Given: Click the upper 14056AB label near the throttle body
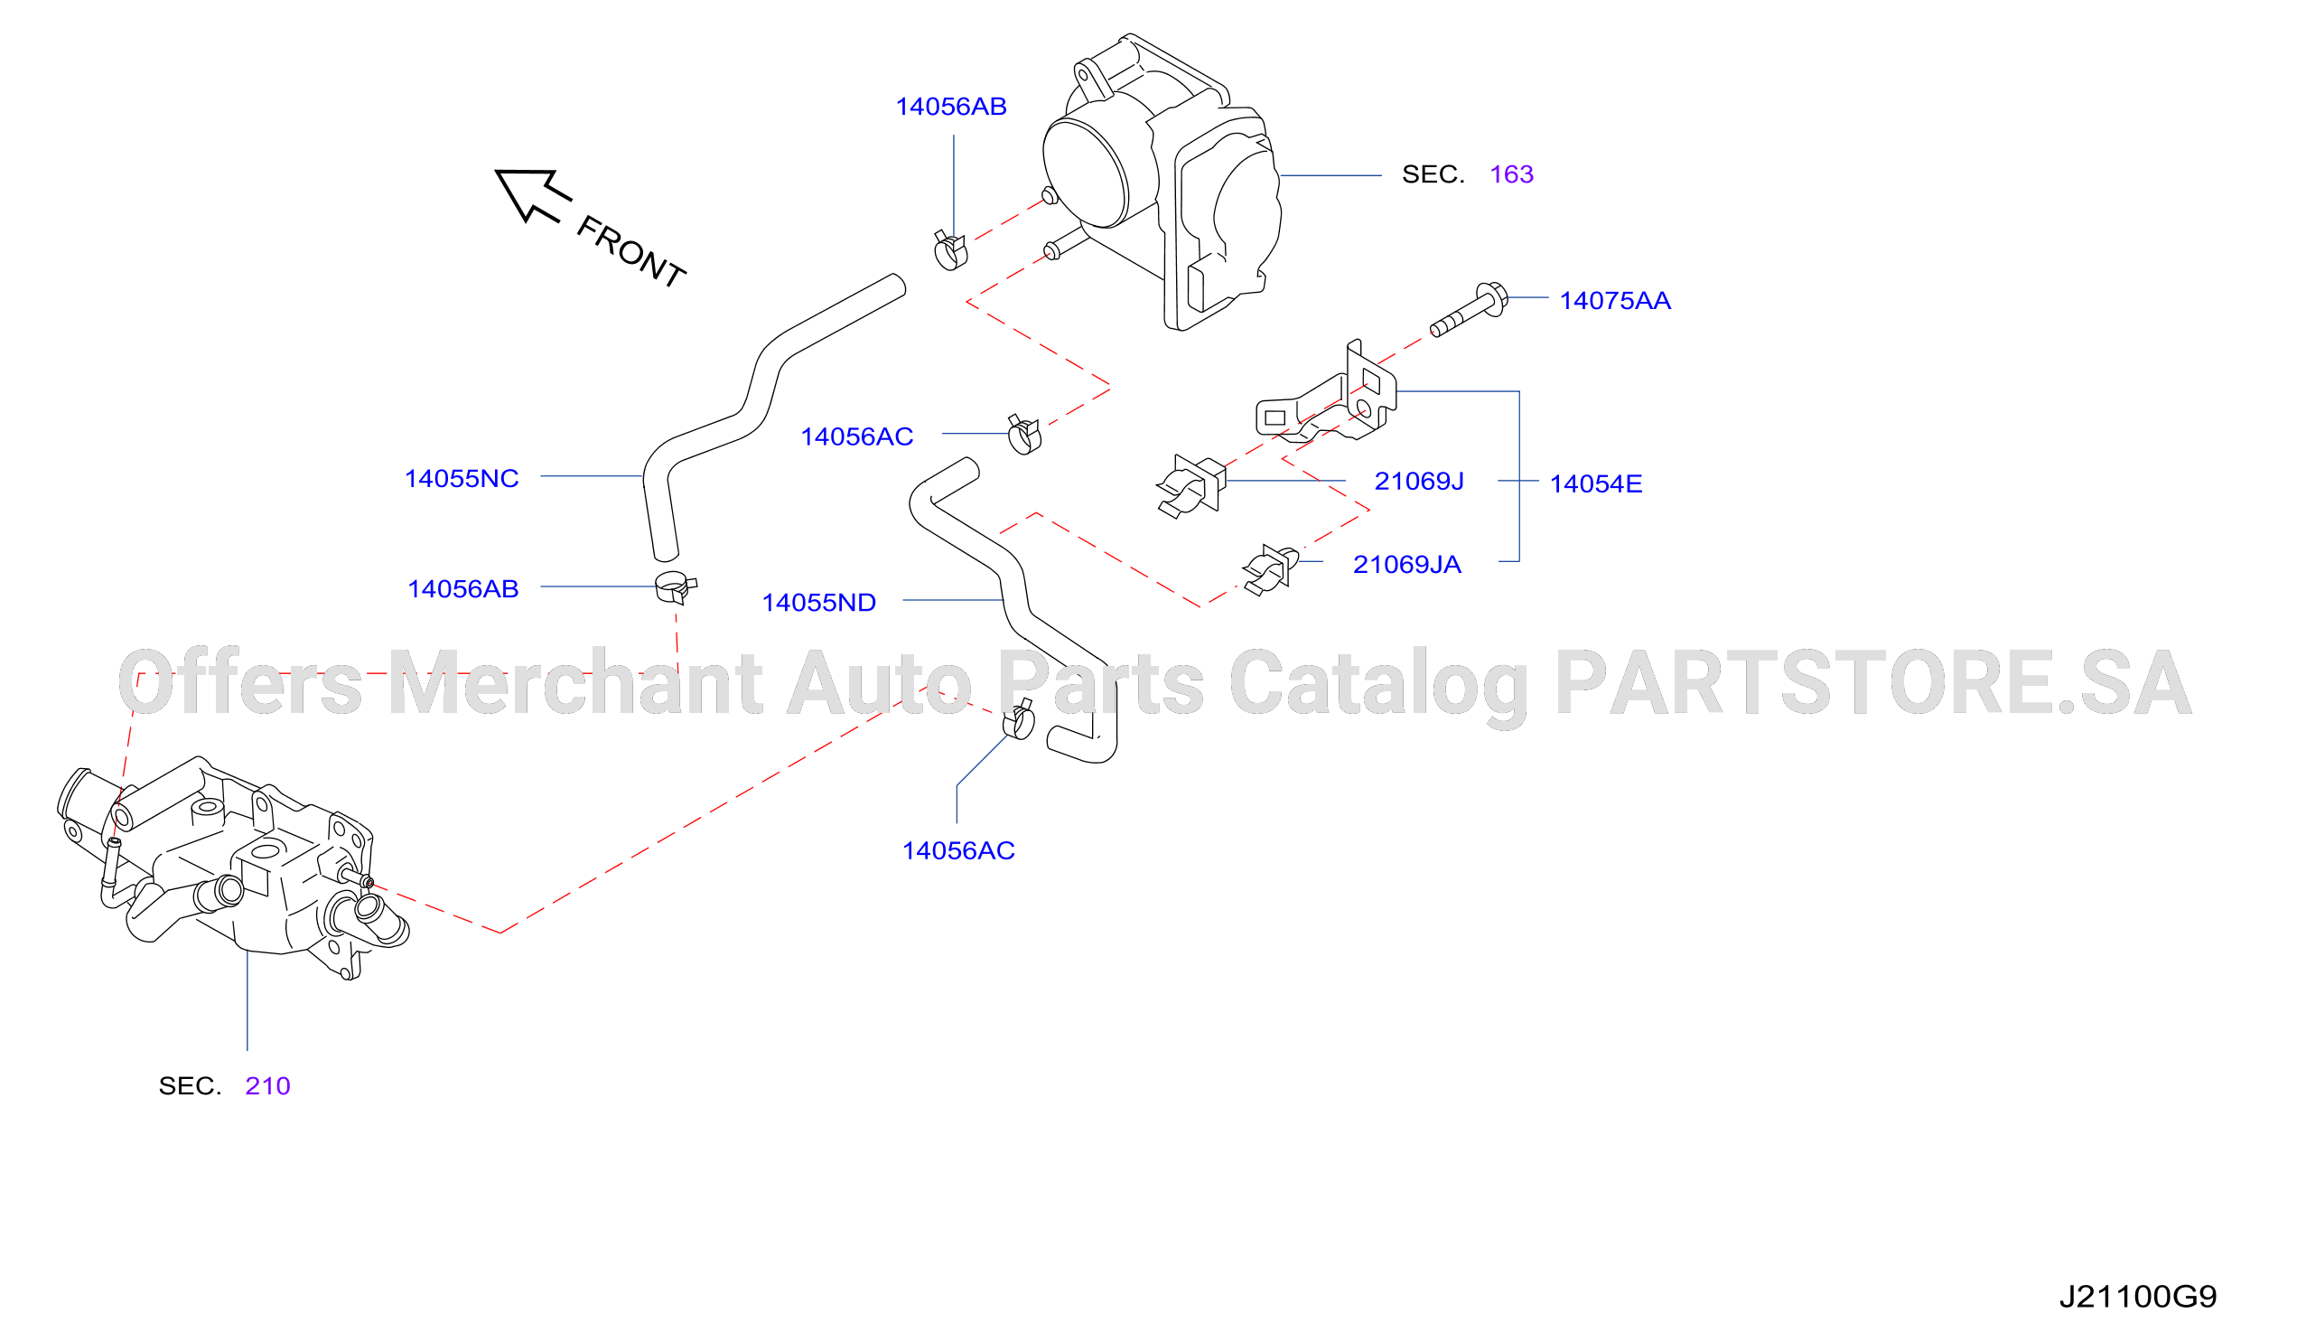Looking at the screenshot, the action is click(x=951, y=108).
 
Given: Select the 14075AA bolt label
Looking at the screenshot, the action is click(x=1615, y=301).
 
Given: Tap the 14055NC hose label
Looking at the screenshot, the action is click(x=462, y=479).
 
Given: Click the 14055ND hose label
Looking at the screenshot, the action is click(x=819, y=603).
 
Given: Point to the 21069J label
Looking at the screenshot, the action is click(x=1419, y=482).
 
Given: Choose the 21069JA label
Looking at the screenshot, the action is click(x=1407, y=565).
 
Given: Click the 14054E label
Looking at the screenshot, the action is click(x=1596, y=484).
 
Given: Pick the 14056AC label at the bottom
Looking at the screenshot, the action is click(x=958, y=851).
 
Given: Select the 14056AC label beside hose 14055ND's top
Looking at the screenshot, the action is click(x=856, y=436).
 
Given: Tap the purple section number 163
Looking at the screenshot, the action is click(x=1512, y=174).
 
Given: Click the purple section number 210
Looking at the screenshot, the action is click(x=267, y=1086).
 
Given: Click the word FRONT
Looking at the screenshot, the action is click(x=631, y=252).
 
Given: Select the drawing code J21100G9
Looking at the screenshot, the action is click(x=2138, y=1297).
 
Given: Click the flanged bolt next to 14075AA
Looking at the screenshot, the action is click(x=1469, y=310).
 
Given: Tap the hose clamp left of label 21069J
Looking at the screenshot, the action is click(x=1190, y=487).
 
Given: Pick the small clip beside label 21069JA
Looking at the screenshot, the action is click(x=1270, y=570).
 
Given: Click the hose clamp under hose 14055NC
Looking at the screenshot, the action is click(x=676, y=587).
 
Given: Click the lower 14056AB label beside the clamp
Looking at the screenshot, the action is click(x=463, y=589).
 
